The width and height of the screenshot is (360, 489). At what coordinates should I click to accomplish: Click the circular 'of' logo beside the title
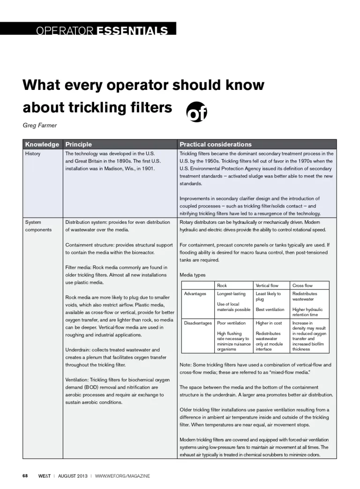[197, 111]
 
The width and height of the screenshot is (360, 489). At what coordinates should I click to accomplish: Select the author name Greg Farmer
[39, 126]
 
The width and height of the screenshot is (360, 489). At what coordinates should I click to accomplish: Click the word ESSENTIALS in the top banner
[132, 31]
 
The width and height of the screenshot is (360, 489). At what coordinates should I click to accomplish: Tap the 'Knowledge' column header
[42, 144]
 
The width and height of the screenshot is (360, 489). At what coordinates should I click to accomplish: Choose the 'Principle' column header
[79, 144]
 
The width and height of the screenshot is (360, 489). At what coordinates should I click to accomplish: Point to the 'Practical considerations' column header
[215, 144]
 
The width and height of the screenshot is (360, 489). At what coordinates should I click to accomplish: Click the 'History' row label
[33, 154]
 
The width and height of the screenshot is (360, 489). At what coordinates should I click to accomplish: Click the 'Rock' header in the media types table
[222, 285]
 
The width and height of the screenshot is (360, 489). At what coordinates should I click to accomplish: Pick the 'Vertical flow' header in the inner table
[267, 285]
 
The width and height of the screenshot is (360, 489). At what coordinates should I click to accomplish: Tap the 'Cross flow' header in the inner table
[302, 285]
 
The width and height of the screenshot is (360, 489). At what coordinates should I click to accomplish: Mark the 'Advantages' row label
[195, 294]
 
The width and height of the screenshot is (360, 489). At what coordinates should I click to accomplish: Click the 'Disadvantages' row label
[198, 323]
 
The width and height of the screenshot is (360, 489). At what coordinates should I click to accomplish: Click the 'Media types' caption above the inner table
[192, 275]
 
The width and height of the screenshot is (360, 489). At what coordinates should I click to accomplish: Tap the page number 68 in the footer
[25, 476]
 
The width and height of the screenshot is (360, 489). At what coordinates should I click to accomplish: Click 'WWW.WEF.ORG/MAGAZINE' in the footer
[122, 476]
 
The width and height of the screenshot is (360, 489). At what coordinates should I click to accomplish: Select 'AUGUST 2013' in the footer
[73, 476]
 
